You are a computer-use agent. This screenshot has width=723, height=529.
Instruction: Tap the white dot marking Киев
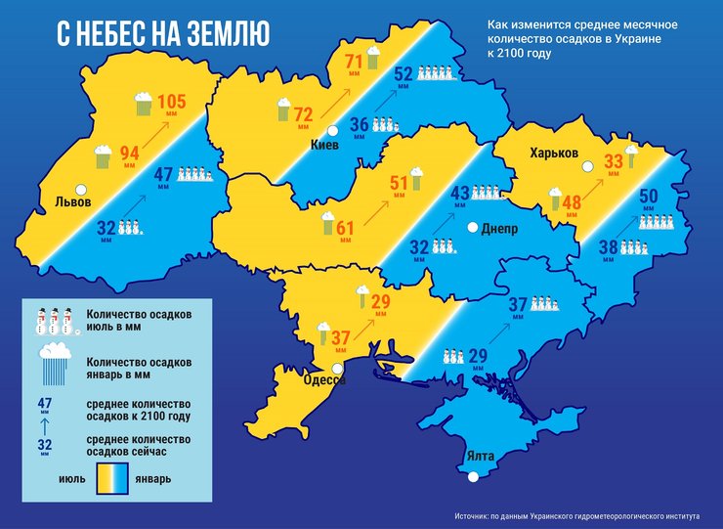(333, 131)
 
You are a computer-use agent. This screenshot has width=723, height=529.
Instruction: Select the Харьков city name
(554, 154)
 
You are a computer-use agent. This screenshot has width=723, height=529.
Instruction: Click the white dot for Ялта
(474, 477)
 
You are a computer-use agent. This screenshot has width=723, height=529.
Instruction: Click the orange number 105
(171, 102)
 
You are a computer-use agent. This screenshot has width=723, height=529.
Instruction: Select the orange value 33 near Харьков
(614, 162)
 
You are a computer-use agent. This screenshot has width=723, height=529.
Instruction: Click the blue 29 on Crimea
(479, 356)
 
